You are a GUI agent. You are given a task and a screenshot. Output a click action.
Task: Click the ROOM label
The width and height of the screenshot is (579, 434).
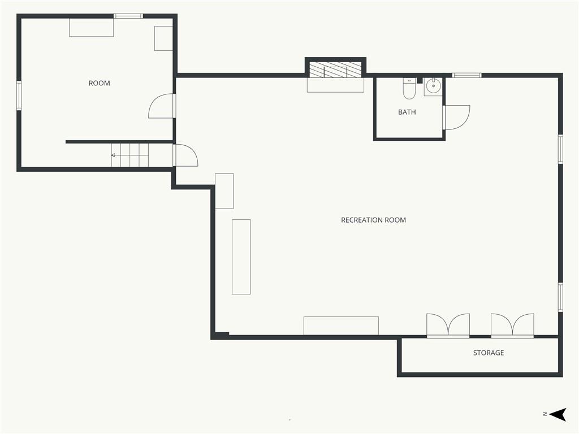(100, 83)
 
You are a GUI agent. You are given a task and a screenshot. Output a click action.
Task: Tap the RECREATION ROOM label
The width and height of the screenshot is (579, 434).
(373, 220)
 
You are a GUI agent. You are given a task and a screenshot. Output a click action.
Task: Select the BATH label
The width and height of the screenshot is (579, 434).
(407, 112)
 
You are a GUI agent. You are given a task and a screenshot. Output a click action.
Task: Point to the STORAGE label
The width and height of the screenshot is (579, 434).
(489, 353)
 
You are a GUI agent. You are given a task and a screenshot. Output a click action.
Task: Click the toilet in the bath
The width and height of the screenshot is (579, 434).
(409, 89)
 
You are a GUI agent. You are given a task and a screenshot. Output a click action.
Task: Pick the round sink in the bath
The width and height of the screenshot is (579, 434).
(433, 86)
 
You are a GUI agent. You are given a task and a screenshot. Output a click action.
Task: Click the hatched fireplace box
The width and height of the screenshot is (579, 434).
(335, 70)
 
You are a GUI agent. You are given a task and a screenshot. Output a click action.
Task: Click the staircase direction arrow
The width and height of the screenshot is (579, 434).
(118, 155)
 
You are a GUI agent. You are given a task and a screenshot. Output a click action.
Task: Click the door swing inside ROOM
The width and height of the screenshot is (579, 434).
(161, 106)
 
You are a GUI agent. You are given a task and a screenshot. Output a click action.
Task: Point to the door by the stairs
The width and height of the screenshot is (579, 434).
(185, 155)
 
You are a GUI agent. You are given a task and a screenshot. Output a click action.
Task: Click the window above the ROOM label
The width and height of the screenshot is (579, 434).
(128, 16)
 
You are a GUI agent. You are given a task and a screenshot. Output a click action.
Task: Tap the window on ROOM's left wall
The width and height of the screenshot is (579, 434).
(19, 96)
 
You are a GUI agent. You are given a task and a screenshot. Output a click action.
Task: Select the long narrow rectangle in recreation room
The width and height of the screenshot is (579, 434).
(241, 257)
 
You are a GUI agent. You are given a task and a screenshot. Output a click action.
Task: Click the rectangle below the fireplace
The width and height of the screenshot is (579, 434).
(336, 85)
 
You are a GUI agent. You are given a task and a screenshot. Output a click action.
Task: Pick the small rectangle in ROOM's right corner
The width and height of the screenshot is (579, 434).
(163, 38)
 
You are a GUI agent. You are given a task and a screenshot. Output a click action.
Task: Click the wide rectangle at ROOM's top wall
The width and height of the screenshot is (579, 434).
(91, 28)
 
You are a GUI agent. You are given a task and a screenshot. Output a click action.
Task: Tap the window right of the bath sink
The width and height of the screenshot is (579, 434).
(466, 75)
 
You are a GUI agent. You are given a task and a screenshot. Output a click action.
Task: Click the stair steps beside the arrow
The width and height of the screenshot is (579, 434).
(130, 155)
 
